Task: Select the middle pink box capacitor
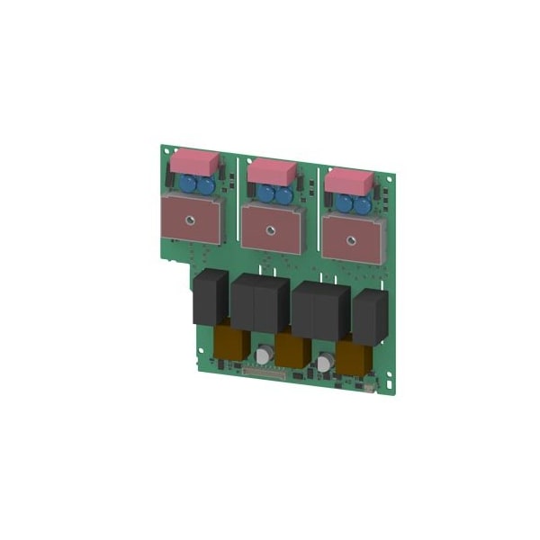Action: pyautogui.click(x=270, y=171)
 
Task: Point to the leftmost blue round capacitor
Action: pyautogui.click(x=190, y=185)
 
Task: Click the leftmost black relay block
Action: pyautogui.click(x=210, y=297)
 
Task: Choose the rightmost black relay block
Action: pyautogui.click(x=369, y=317)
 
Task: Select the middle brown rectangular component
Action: pyautogui.click(x=292, y=349)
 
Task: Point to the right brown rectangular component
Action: pyautogui.click(x=353, y=356)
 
